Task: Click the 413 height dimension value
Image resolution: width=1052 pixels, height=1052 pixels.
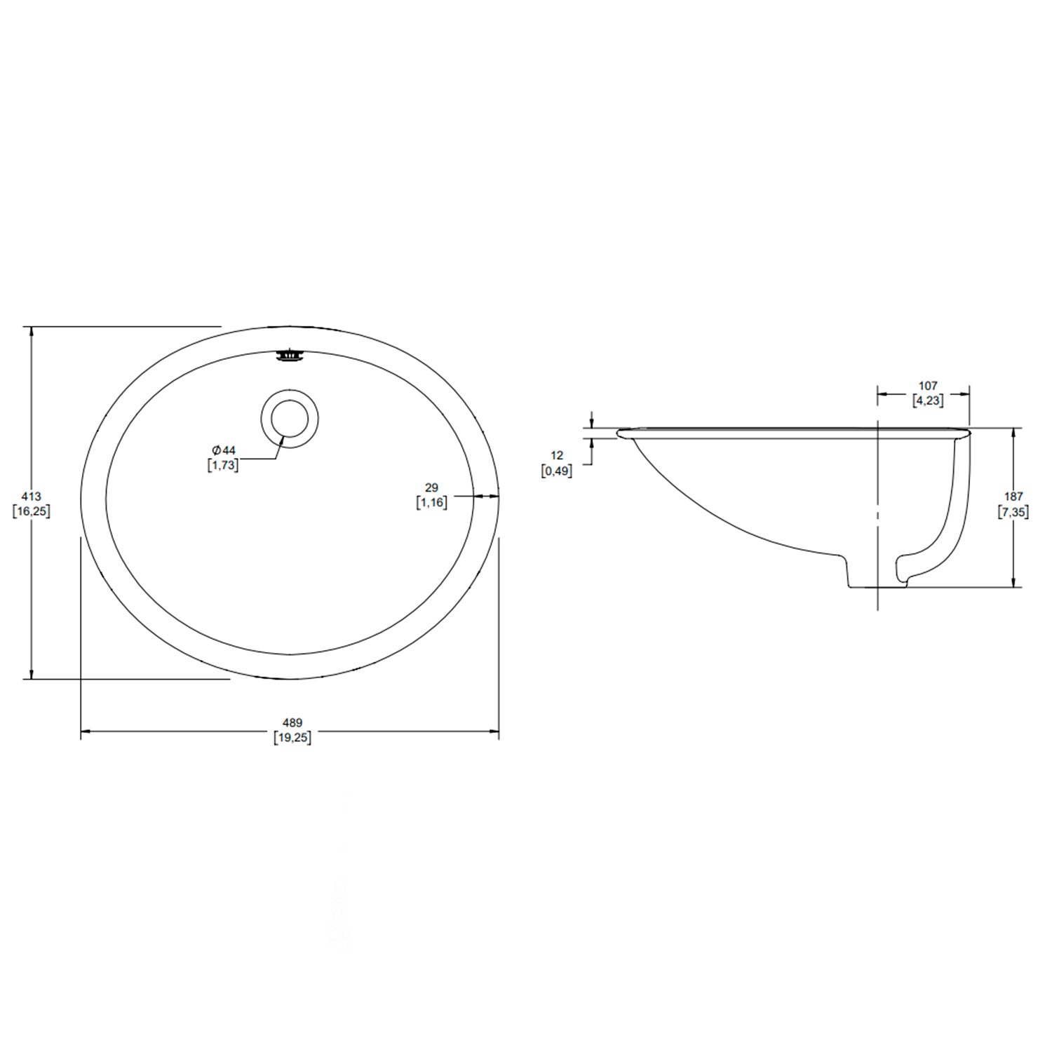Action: click(x=32, y=497)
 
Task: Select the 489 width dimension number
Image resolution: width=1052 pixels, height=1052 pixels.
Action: click(x=292, y=723)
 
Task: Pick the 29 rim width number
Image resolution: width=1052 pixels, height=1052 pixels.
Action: click(x=432, y=487)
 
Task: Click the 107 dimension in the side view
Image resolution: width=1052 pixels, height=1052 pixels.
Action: click(x=928, y=386)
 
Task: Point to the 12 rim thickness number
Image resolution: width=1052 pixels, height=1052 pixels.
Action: click(x=557, y=456)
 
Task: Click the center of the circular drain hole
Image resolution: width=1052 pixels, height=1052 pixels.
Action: click(x=290, y=419)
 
